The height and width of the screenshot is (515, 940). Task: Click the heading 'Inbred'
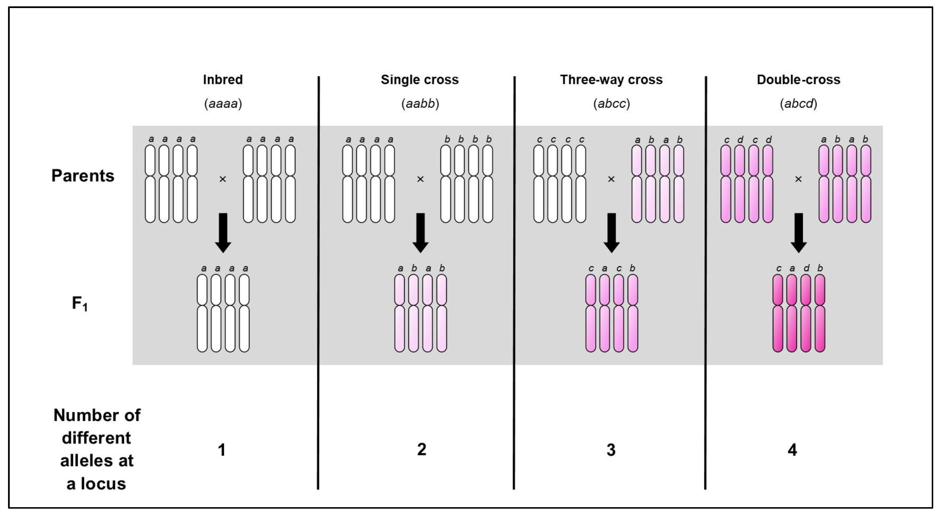[223, 80]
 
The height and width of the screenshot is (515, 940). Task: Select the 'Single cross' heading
[420, 80]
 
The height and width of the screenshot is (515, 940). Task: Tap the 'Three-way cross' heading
[611, 80]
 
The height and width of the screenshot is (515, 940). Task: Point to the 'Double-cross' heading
[798, 80]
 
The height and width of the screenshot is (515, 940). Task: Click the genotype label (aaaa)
[223, 104]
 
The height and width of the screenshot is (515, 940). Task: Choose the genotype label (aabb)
[420, 104]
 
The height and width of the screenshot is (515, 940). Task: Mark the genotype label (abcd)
[798, 104]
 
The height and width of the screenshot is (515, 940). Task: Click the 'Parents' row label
[83, 176]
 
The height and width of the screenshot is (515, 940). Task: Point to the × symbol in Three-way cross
[611, 179]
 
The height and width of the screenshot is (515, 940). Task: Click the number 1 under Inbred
[221, 450]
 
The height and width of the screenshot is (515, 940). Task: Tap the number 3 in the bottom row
[611, 450]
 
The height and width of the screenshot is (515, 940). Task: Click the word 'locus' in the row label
[103, 484]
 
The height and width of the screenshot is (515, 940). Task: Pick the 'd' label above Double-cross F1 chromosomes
[806, 268]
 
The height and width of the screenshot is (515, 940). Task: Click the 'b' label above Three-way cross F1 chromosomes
[632, 268]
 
